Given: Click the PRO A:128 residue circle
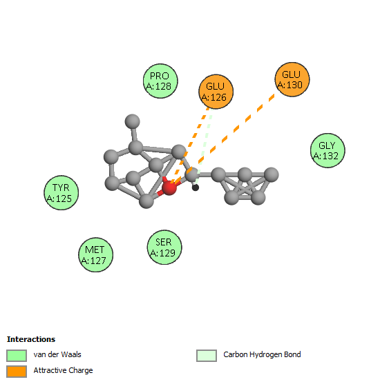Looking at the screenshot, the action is (160, 81).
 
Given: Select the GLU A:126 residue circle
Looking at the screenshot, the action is (216, 92).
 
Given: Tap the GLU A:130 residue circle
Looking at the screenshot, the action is (292, 79).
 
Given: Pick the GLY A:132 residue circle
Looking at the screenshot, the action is (328, 150).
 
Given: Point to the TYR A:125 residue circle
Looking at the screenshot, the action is (61, 193).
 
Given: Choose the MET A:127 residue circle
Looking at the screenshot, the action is (96, 255).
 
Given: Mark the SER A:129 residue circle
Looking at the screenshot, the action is (164, 247).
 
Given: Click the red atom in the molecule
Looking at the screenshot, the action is (169, 188).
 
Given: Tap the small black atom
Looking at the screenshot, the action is (196, 188).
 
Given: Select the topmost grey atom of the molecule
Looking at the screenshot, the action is (133, 121).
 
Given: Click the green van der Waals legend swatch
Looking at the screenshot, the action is (17, 356).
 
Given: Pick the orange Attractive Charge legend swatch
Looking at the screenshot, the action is (17, 372).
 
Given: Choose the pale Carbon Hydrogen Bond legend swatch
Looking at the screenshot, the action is (207, 356).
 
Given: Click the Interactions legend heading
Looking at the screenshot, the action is (31, 339).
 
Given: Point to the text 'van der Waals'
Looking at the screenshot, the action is (57, 354).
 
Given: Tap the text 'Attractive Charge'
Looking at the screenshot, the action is (64, 370).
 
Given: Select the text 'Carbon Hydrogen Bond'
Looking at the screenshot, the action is (262, 354).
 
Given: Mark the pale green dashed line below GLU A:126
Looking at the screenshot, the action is (204, 146).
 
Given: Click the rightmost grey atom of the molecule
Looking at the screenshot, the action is (271, 174).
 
